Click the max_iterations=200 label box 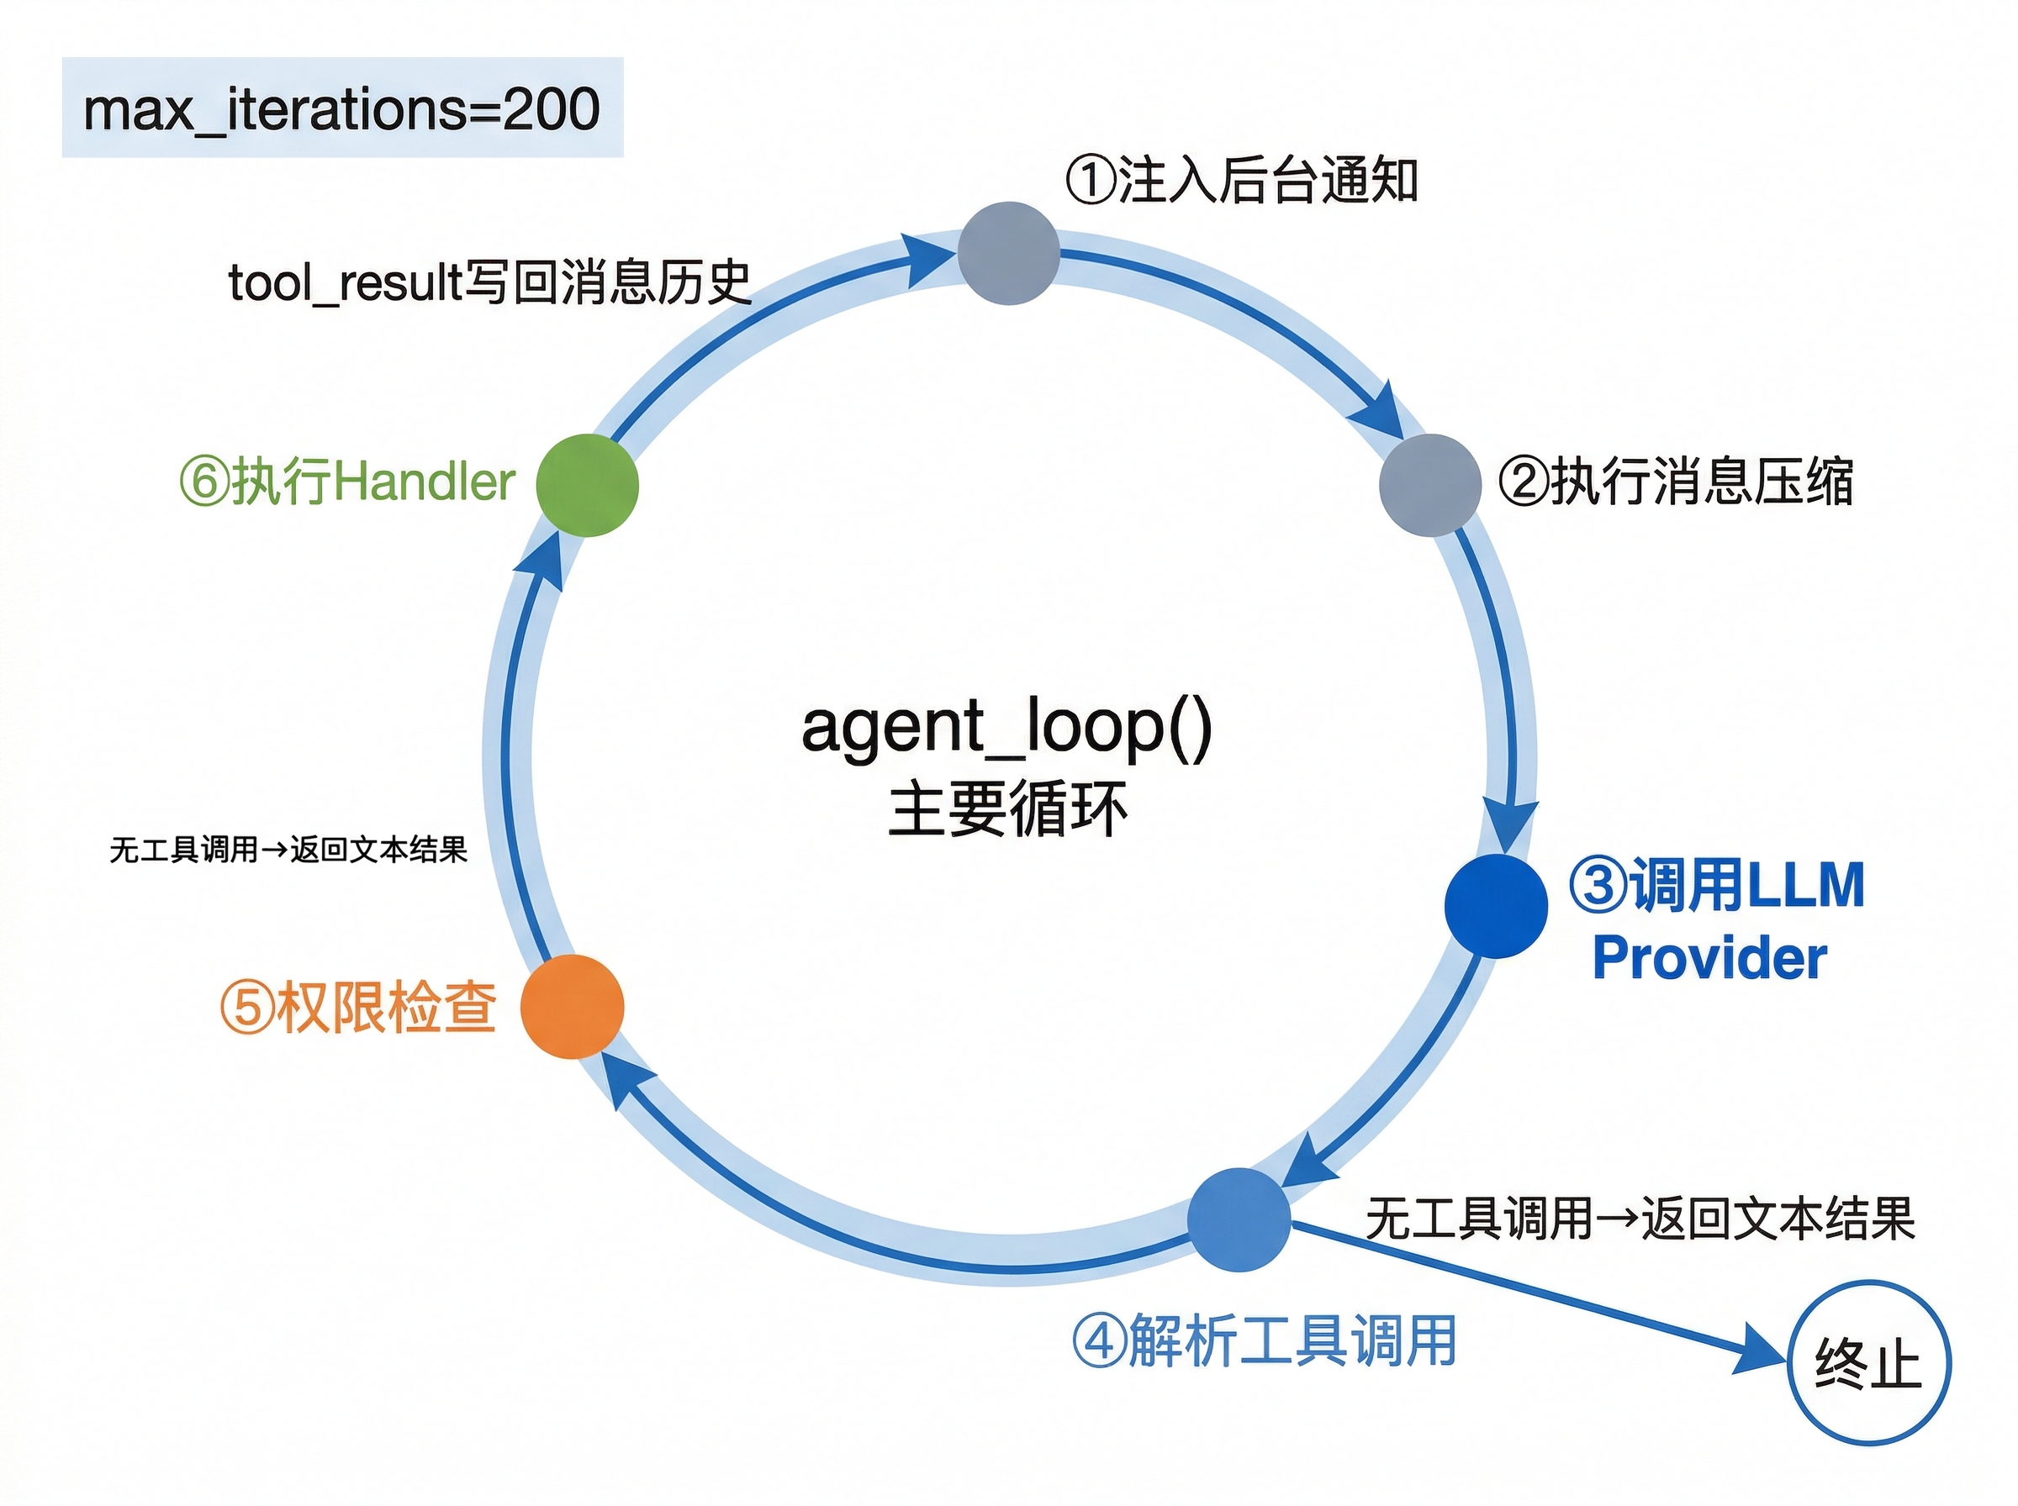coord(342,108)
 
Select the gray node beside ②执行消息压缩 coord(1429,485)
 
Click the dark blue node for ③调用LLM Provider coord(1496,905)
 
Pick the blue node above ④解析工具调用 coord(1239,1219)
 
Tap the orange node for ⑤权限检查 coord(572,1007)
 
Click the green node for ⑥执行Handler coord(587,485)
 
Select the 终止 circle coord(1867,1363)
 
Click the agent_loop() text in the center coord(1006,727)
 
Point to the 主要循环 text coord(1006,808)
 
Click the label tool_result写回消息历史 coord(489,282)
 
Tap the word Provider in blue coord(1709,958)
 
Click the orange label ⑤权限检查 coord(357,1008)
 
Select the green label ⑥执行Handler coord(347,482)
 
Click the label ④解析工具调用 coord(1264,1341)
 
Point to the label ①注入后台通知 coord(1241,180)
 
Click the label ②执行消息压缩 coord(1675,482)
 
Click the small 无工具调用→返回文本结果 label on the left coord(288,850)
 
